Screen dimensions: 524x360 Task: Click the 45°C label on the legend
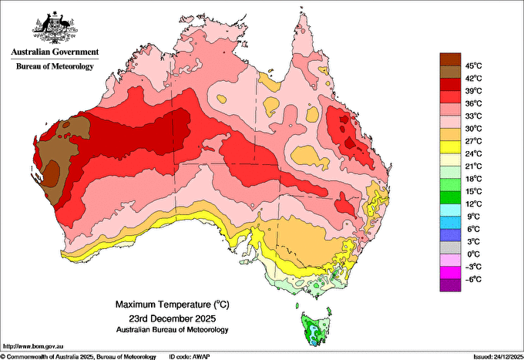point(474,66)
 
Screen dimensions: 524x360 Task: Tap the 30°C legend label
point(474,129)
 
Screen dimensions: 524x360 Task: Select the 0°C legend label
point(474,254)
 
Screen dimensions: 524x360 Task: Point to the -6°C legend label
point(473,279)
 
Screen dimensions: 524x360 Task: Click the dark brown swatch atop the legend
point(450,59)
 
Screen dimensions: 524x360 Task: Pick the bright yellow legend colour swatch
point(450,147)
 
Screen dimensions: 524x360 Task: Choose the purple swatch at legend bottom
point(450,285)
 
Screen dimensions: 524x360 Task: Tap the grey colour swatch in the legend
point(450,247)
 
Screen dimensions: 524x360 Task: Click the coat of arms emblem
point(55,28)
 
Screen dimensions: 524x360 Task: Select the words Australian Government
point(55,52)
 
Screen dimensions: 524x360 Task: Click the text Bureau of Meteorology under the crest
point(55,66)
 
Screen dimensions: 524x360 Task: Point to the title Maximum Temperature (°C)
point(173,304)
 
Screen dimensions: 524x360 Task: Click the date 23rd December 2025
point(173,318)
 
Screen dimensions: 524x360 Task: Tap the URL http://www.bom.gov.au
point(33,347)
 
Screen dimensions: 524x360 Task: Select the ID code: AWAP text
point(190,357)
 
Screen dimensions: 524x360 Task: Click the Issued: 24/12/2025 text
point(499,357)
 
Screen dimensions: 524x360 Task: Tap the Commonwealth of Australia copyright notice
point(78,357)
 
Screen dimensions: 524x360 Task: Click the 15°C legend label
point(474,191)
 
